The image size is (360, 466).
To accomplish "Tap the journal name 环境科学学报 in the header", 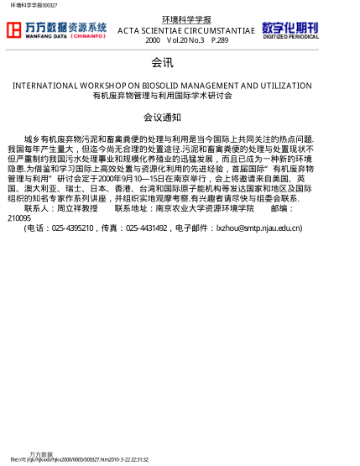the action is tap(185, 19).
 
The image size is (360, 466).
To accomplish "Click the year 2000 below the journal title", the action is tap(152, 39).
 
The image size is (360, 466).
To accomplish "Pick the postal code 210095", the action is tap(18, 217).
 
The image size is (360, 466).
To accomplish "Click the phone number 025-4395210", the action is tap(73, 228).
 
